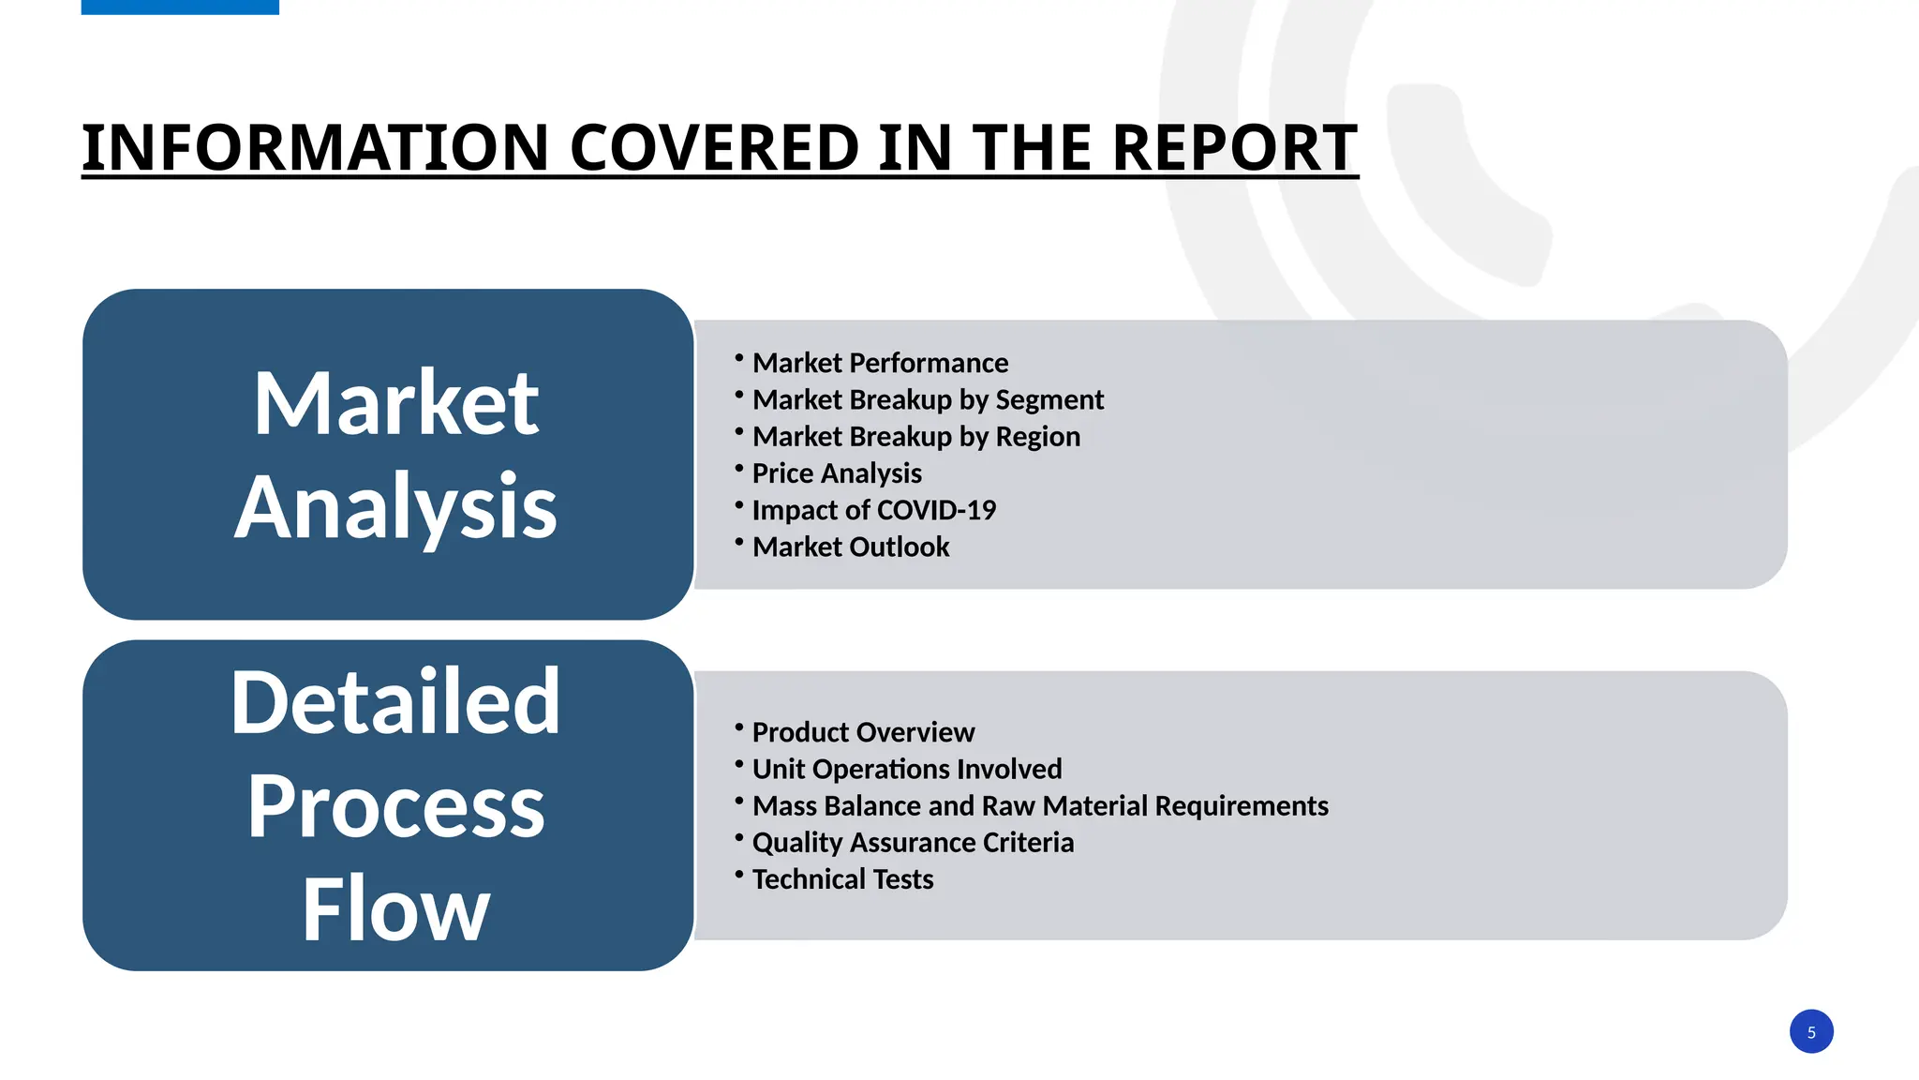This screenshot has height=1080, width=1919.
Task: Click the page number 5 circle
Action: (1810, 1031)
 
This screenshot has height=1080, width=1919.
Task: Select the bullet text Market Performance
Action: (880, 363)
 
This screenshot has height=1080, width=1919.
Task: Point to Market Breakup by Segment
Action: (928, 400)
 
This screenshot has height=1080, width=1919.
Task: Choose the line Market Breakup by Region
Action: (915, 437)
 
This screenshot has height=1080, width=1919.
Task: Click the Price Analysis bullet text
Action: (837, 473)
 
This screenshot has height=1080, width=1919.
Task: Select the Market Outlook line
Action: (851, 547)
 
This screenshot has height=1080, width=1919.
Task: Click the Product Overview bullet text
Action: (863, 732)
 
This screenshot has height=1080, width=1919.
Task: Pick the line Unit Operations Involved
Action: (907, 769)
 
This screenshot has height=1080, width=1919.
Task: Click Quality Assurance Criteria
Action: (913, 843)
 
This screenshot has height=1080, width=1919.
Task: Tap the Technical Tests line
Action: (842, 879)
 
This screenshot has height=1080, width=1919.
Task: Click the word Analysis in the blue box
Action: (395, 507)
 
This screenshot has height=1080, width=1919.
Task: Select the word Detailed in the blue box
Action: (395, 701)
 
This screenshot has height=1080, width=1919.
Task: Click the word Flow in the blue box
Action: (395, 908)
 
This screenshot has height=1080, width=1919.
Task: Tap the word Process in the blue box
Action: (395, 806)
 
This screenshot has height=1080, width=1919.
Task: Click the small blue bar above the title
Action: (180, 7)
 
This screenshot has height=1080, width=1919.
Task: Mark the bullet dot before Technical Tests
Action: (739, 874)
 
